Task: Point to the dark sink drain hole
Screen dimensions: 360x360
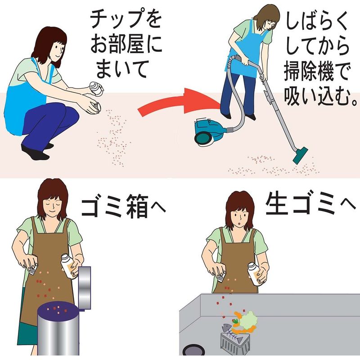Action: click(194, 350)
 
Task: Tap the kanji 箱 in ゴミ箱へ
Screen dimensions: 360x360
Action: click(137, 207)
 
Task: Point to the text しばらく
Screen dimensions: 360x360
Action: click(317, 22)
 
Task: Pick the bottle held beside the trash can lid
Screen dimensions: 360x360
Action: click(69, 266)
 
